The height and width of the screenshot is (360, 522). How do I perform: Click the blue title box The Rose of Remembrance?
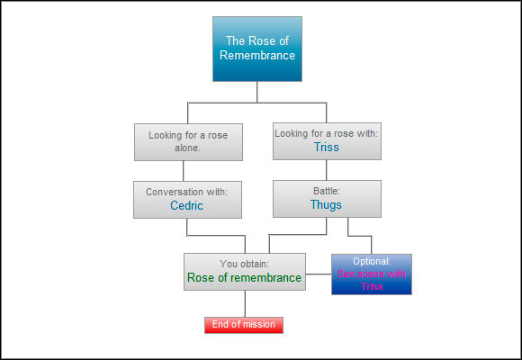[x=256, y=49]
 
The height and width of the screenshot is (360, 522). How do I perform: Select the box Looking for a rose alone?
[x=187, y=141]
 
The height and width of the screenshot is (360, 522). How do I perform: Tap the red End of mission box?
[x=243, y=325]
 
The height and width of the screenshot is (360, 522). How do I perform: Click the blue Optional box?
[x=371, y=274]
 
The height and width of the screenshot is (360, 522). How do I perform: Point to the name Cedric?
[x=187, y=205]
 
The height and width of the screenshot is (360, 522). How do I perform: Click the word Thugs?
[x=326, y=205]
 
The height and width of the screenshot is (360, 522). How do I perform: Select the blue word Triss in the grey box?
[x=326, y=147]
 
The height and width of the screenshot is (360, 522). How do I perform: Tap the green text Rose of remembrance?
[x=244, y=278]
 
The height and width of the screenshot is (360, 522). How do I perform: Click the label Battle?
[x=326, y=191]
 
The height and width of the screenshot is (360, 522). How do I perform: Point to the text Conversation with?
[x=187, y=191]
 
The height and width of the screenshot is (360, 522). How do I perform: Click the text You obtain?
[x=244, y=264]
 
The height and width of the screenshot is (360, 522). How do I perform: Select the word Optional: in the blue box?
[x=371, y=261]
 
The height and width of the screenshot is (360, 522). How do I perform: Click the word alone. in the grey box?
[x=187, y=148]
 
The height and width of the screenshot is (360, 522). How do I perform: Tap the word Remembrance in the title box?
[x=257, y=55]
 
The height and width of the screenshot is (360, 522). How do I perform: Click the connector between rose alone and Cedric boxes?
[x=184, y=170]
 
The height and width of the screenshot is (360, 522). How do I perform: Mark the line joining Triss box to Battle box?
[x=326, y=170]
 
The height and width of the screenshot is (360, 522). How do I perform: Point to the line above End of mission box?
[x=244, y=303]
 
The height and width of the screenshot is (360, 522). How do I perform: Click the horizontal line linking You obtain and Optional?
[x=319, y=274]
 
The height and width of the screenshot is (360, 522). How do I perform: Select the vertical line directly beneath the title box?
[x=256, y=92]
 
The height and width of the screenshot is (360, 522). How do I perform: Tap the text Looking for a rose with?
[x=326, y=133]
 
